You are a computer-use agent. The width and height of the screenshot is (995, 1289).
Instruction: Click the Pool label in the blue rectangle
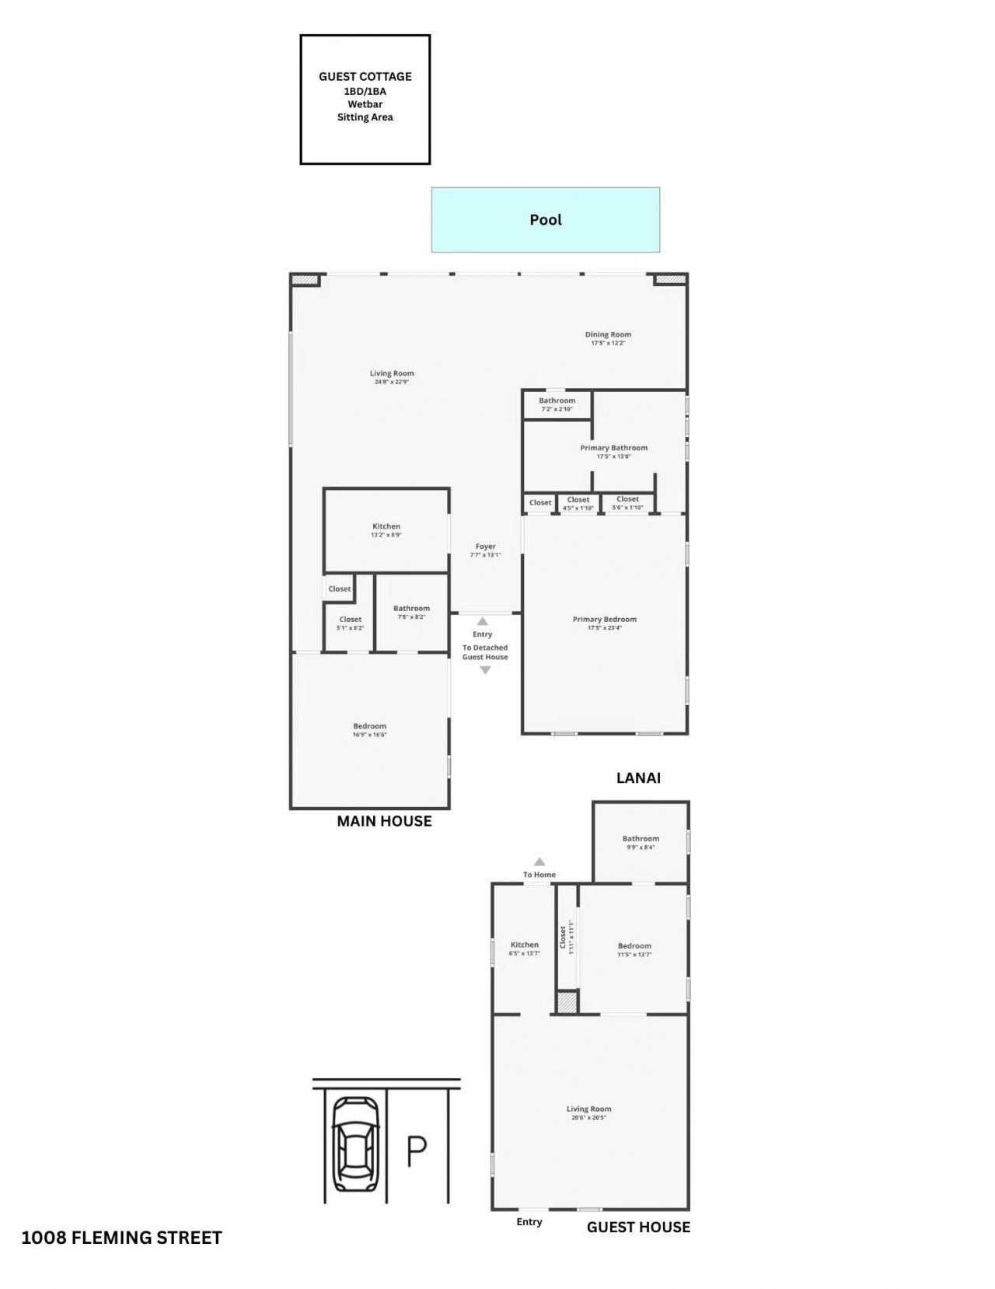coord(545,220)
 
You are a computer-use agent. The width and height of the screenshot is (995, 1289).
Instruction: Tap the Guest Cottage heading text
coord(365,76)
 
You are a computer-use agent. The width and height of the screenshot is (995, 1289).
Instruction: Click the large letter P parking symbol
coord(417,1151)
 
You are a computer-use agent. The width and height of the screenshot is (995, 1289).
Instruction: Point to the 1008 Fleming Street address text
coord(121,1238)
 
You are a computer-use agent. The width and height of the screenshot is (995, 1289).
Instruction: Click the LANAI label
coord(638,777)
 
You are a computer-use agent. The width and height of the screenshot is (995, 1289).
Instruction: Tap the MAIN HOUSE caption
coord(384,821)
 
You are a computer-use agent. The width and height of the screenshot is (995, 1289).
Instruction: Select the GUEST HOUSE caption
coord(638,1227)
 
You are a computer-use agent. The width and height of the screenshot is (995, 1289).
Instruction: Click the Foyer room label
coord(485,547)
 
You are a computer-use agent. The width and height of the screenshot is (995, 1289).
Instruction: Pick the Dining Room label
coord(608,334)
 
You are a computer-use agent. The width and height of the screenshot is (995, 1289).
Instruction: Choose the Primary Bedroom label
coord(604,620)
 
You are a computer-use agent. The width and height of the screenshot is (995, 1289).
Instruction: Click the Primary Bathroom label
coord(613,448)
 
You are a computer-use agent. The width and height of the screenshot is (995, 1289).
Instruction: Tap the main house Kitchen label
coord(386,526)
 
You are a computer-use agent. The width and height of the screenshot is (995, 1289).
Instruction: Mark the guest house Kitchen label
coord(524,945)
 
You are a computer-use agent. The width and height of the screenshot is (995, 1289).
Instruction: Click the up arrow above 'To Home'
coord(539,861)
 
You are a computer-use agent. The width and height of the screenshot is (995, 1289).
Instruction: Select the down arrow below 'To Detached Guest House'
coord(485,670)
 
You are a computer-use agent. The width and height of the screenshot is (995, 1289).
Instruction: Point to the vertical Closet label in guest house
coord(564,937)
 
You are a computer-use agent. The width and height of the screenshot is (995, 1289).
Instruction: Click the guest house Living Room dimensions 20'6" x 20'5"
coord(588,1118)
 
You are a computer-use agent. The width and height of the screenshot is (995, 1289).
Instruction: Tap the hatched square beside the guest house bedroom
coord(567,1001)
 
